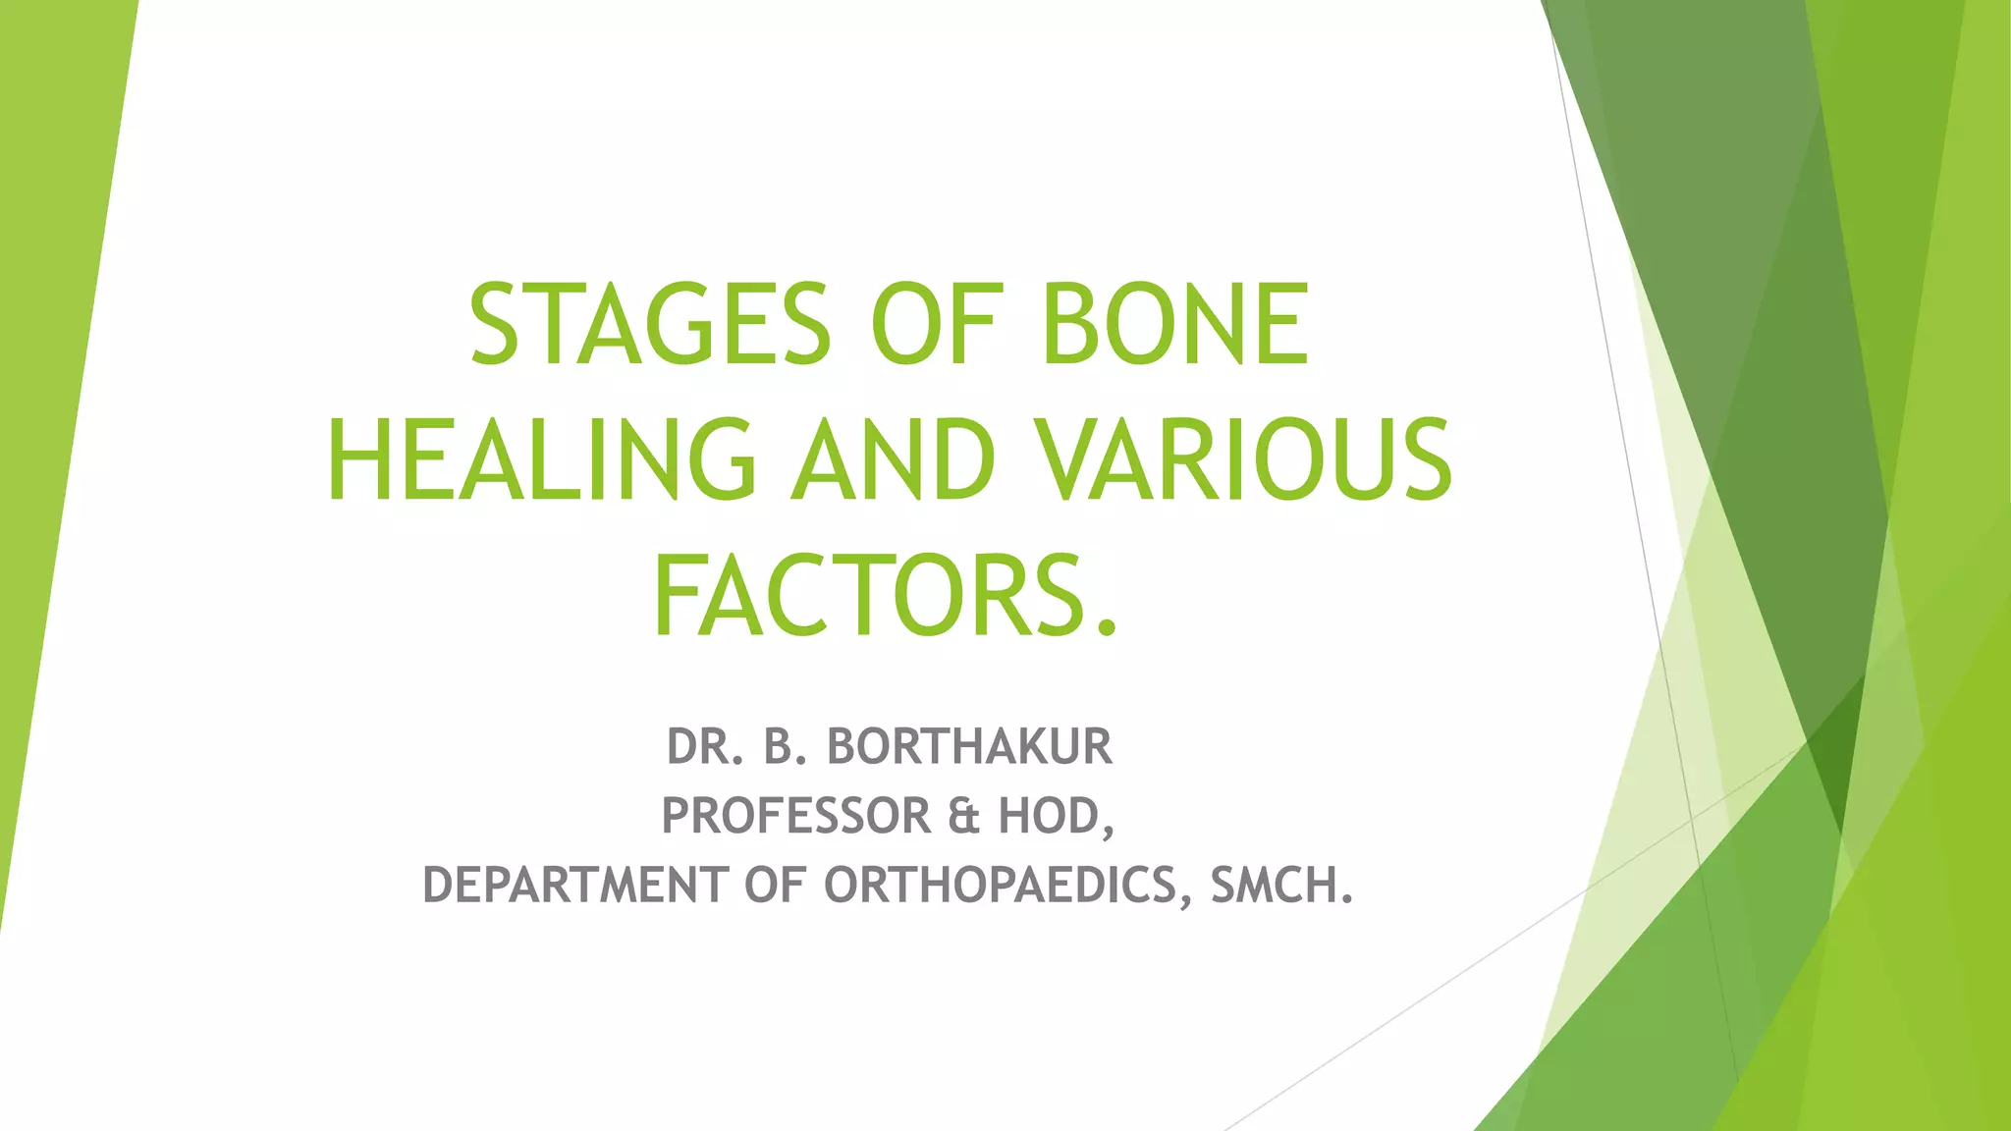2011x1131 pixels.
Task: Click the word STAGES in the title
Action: tap(650, 324)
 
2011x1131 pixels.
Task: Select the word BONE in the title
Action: tap(1175, 324)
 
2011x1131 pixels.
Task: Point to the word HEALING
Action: tap(541, 460)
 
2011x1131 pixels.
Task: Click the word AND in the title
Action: tap(894, 460)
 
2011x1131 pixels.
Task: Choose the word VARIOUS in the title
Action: tap(1244, 460)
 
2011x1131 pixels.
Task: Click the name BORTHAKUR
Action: tap(969, 746)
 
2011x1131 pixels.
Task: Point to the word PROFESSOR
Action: tap(796, 816)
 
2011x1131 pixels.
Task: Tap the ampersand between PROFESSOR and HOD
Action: tap(964, 816)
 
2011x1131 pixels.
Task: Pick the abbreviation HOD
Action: tap(1049, 816)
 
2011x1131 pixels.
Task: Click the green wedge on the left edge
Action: tap(49, 393)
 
